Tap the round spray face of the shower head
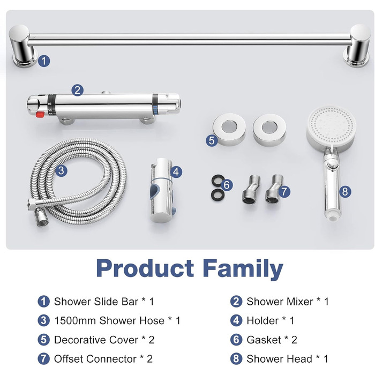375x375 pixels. (x=331, y=127)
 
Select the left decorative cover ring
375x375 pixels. (x=229, y=130)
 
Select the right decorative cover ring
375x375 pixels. (x=269, y=130)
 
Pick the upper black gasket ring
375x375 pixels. (x=218, y=180)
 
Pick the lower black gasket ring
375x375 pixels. (x=218, y=194)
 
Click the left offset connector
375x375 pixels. (x=251, y=190)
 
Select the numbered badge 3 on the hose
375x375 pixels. (x=61, y=171)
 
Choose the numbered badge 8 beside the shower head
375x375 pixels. (x=345, y=192)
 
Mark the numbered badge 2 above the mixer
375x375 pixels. (x=77, y=91)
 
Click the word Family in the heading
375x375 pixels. (x=243, y=268)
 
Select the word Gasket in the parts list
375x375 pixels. (x=264, y=340)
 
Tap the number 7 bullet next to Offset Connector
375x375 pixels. (x=43, y=359)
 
